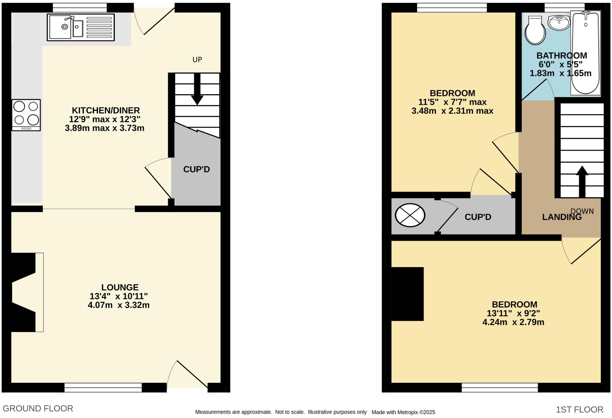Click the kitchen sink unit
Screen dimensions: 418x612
pyautogui.click(x=81, y=27)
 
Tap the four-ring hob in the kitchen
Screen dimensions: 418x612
pyautogui.click(x=26, y=115)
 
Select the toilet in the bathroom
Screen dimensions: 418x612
pyautogui.click(x=535, y=31)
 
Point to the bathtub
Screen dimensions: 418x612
pyautogui.click(x=585, y=53)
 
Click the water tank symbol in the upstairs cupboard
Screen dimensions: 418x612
pyautogui.click(x=410, y=215)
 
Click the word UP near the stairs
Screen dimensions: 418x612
pyautogui.click(x=197, y=60)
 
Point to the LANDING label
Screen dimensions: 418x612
pyautogui.click(x=561, y=217)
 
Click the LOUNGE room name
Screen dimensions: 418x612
pyautogui.click(x=120, y=287)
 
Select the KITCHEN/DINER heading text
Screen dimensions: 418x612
pyautogui.click(x=106, y=110)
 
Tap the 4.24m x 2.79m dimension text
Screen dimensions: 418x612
pyautogui.click(x=513, y=322)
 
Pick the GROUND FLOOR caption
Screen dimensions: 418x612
pyautogui.click(x=38, y=408)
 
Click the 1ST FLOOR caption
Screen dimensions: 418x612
pyautogui.click(x=579, y=409)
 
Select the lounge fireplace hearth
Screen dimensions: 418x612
pyautogui.click(x=39, y=292)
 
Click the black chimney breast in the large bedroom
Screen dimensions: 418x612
pyautogui.click(x=407, y=294)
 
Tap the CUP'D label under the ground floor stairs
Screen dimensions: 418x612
pyautogui.click(x=196, y=169)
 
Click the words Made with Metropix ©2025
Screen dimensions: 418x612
pyautogui.click(x=403, y=412)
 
